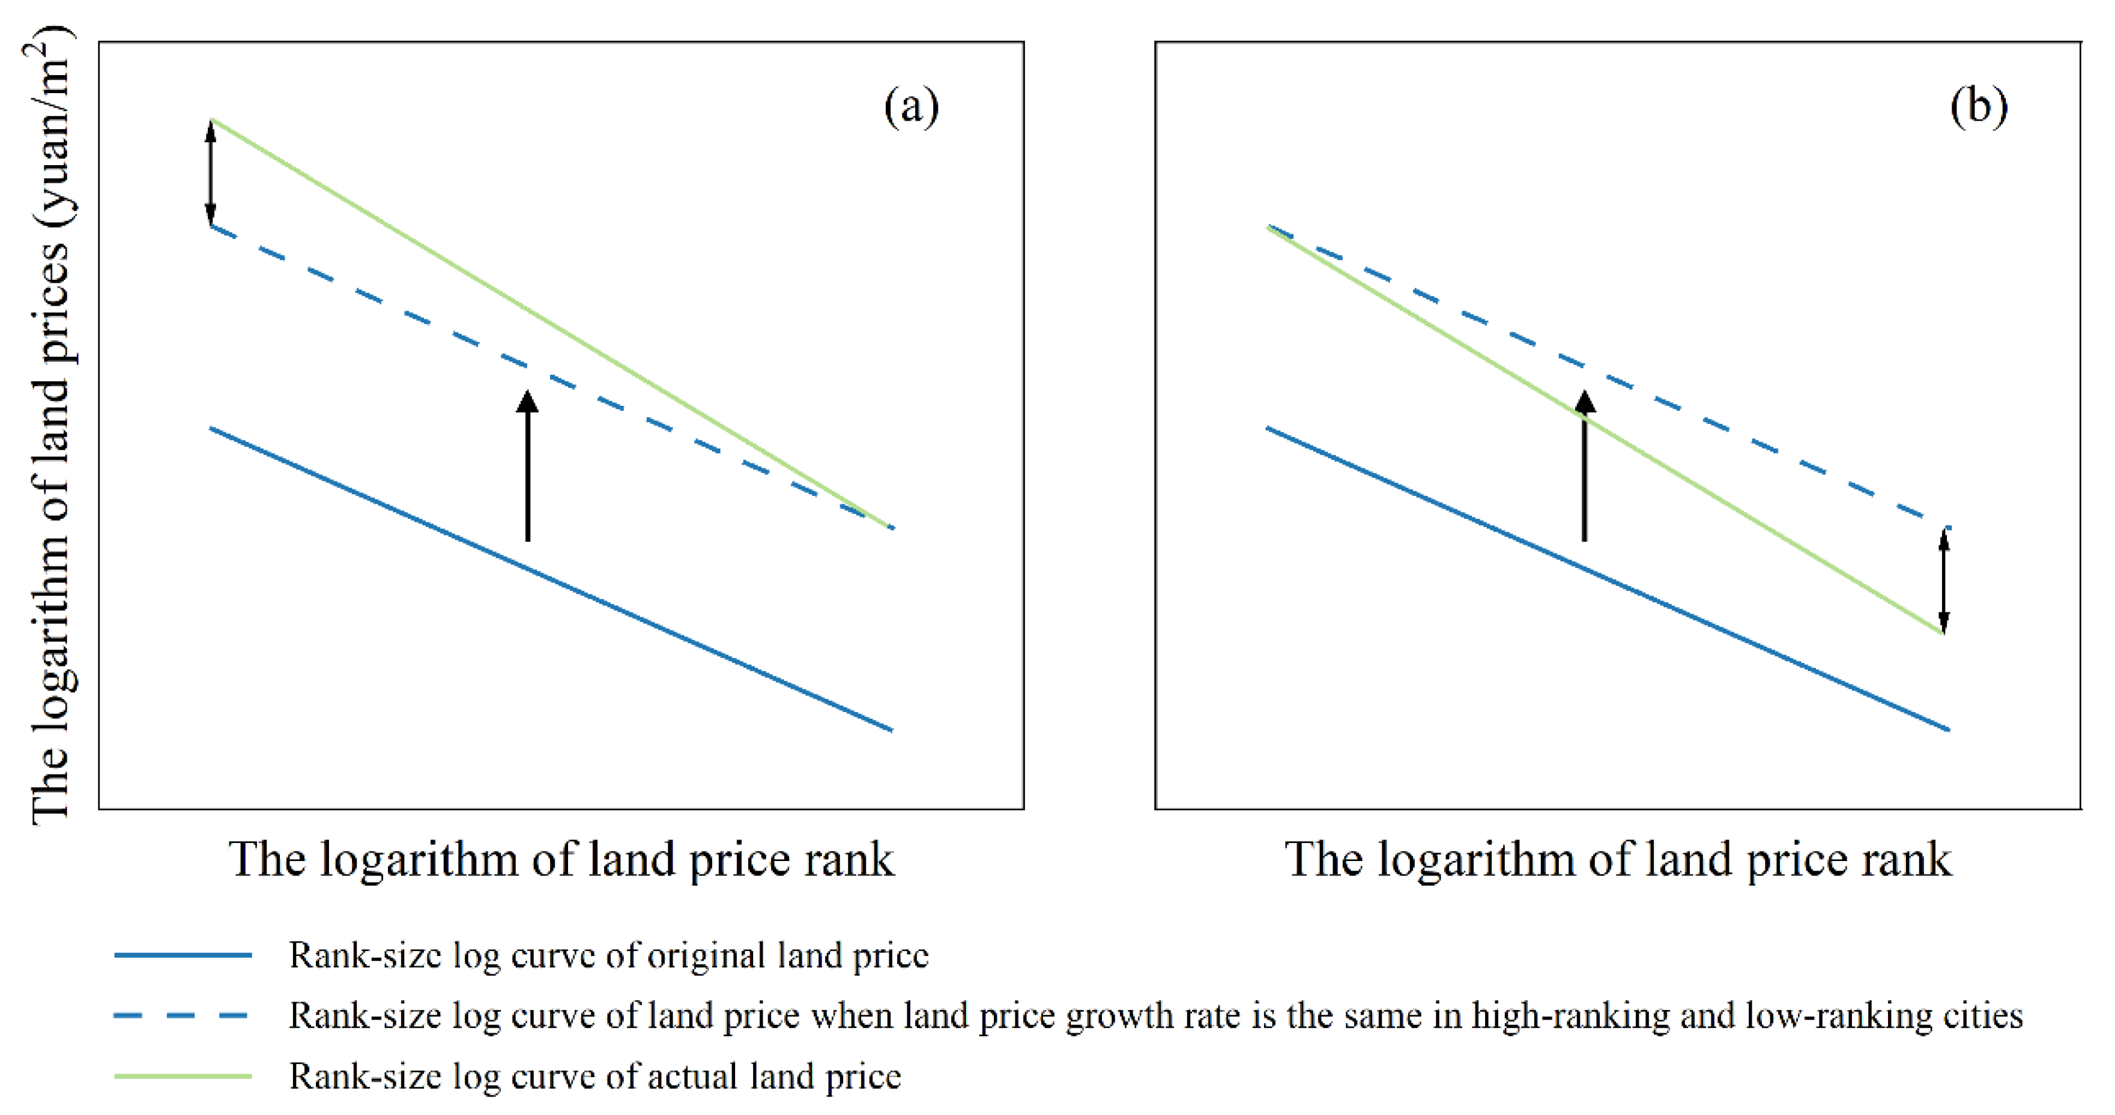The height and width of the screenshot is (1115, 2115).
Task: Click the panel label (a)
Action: tap(910, 107)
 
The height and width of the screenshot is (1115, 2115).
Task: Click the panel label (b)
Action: tap(1978, 107)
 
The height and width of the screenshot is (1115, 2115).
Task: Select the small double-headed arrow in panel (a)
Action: tap(211, 172)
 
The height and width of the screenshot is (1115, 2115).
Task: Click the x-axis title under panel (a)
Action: tap(561, 860)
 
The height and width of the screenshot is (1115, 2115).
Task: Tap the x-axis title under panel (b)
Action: tap(1617, 860)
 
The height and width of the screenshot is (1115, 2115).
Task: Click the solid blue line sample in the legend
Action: tap(183, 955)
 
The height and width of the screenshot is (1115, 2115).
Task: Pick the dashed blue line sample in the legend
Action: tap(183, 1016)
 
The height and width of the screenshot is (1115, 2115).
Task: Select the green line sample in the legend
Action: tap(183, 1075)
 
